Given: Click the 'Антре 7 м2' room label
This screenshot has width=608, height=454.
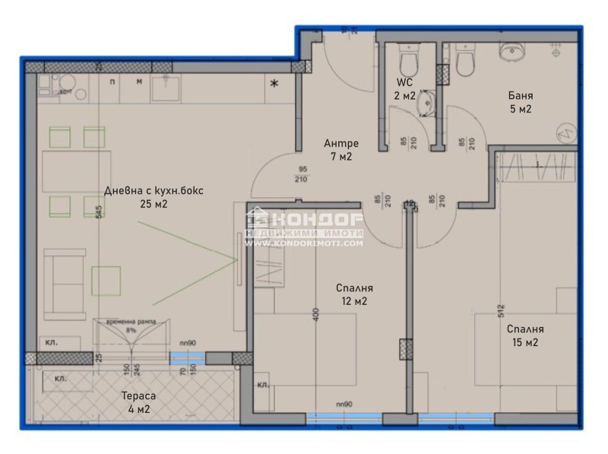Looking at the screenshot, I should [340, 150].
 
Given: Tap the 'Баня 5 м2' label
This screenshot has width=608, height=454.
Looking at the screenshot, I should [520, 103].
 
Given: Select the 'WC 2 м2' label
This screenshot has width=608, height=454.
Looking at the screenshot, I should [405, 88].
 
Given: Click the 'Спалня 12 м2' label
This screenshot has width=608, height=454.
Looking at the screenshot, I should [354, 294].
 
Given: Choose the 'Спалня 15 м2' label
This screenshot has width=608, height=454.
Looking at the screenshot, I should [525, 335].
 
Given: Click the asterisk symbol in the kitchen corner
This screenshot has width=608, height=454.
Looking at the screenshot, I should [274, 83].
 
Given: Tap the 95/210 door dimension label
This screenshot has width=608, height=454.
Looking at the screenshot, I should [303, 175].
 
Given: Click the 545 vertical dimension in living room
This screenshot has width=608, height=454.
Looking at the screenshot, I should [99, 213].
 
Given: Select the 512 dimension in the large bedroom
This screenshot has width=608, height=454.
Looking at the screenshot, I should [502, 310].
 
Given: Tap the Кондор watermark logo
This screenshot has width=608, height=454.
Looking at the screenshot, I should [304, 226].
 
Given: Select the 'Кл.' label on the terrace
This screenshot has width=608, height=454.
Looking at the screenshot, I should [61, 378].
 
